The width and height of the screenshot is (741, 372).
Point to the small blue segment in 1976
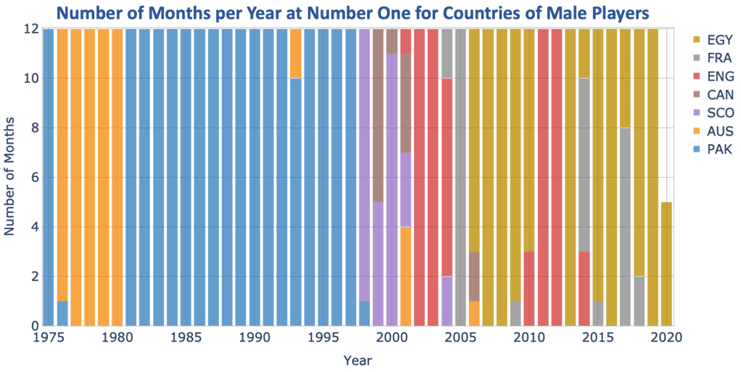[x=62, y=313]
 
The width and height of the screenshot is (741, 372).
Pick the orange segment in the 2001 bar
[x=405, y=276]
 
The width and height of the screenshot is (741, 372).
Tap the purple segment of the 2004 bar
[x=447, y=301]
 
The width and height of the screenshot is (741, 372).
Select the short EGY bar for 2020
[x=666, y=264]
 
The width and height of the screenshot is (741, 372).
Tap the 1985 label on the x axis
[x=186, y=338]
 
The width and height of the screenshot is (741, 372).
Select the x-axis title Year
[x=360, y=359]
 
